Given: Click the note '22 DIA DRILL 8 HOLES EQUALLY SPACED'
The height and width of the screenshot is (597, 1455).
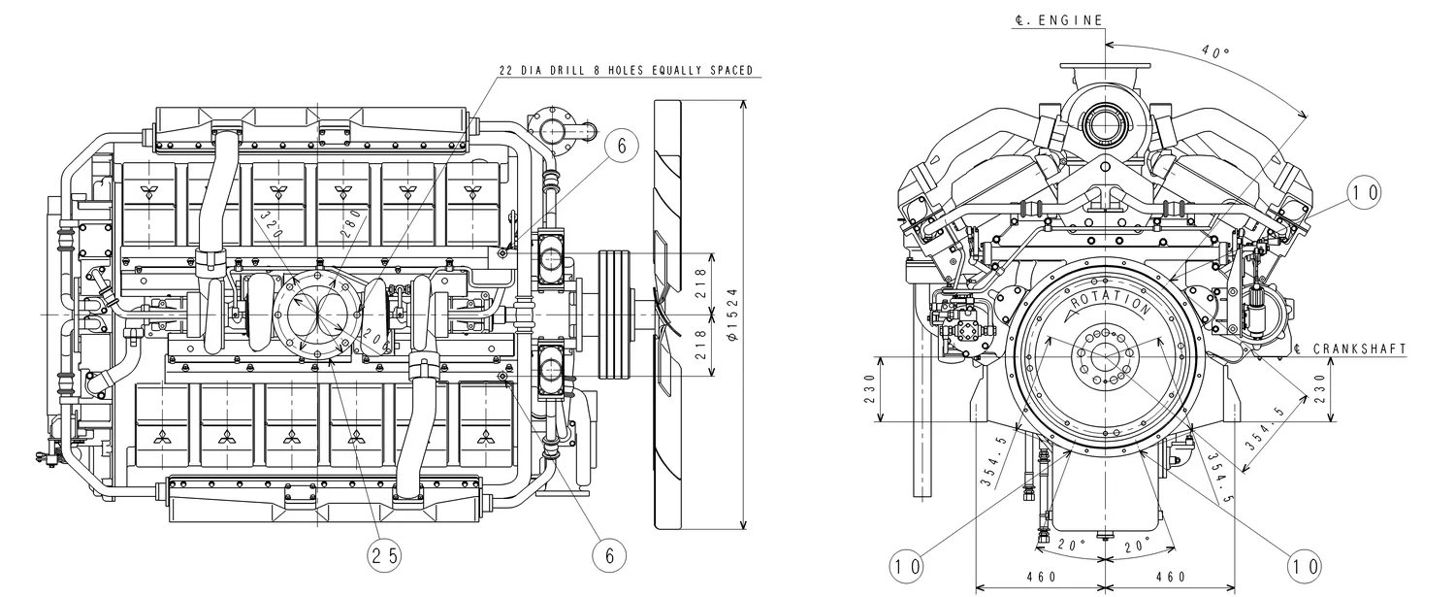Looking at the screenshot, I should coord(625,70).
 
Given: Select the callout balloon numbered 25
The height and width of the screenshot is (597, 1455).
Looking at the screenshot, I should coord(384,555).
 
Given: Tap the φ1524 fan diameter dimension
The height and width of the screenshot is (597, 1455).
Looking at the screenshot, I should coord(732,313).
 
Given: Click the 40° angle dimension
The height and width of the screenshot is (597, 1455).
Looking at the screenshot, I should coord(1213,50).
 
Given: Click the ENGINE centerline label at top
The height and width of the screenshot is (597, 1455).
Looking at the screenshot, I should coord(1058,19).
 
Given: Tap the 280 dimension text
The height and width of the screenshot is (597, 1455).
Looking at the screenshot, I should coord(351,221).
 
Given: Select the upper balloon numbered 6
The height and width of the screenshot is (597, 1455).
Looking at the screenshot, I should coord(622,145).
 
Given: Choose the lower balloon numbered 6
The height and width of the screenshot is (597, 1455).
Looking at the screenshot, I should coord(609,555).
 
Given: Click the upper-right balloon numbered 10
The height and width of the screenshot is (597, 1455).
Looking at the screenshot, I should coord(1364,193).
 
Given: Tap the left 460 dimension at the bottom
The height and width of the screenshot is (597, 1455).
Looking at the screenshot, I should coord(1040,576).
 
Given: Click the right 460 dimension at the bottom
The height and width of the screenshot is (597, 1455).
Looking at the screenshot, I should coord(1170,576).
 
